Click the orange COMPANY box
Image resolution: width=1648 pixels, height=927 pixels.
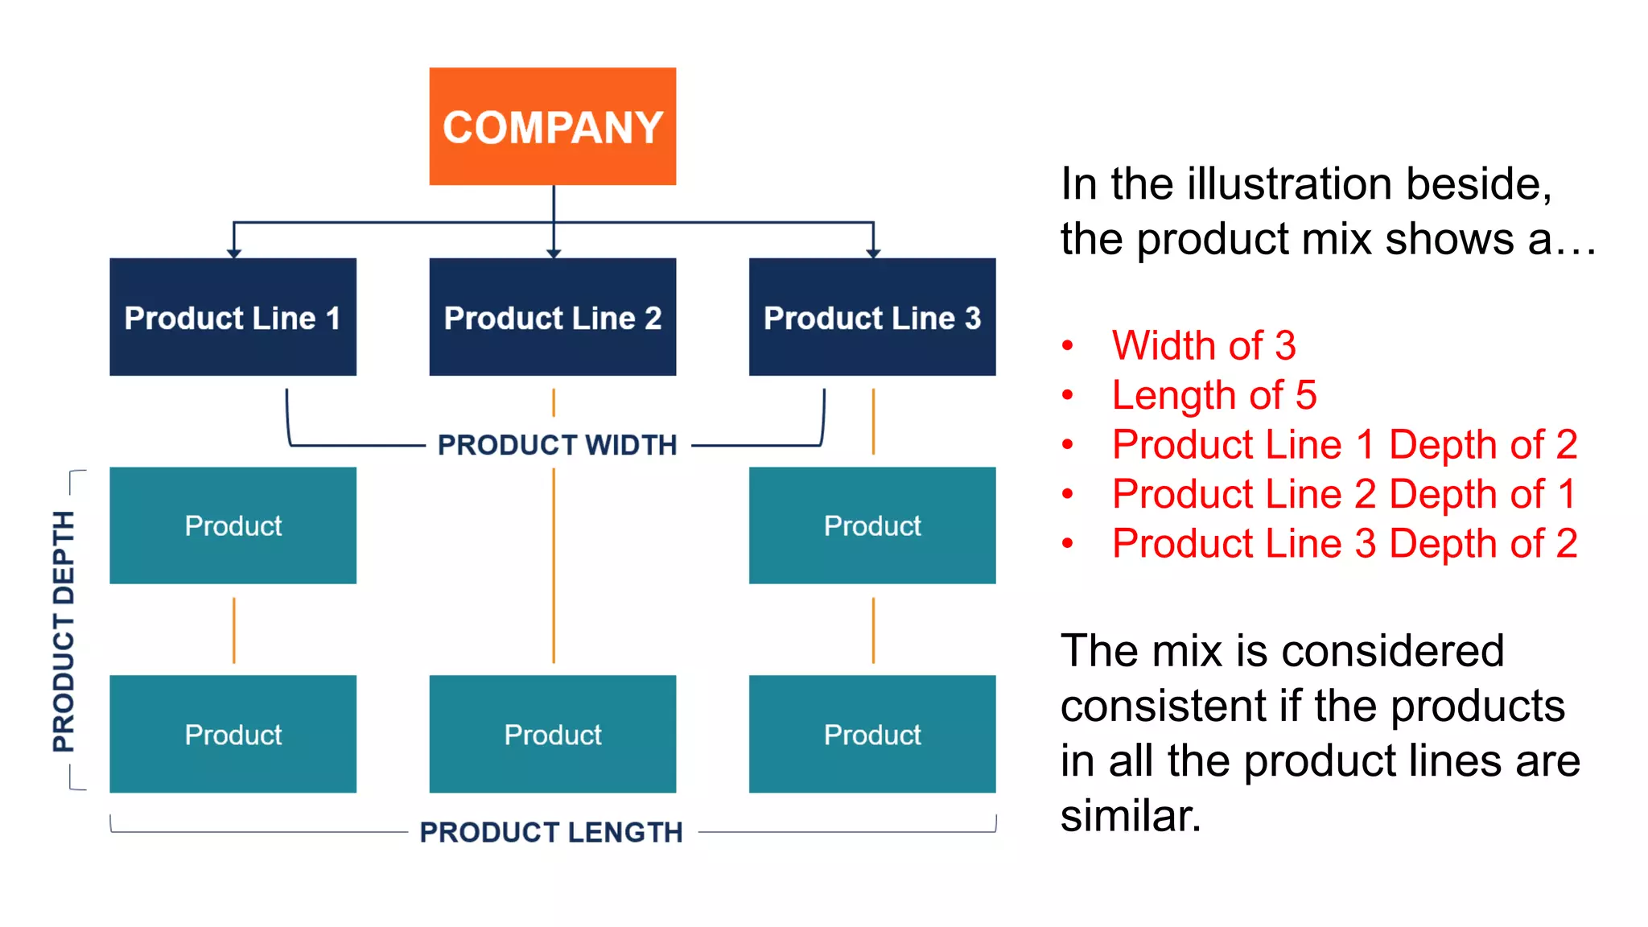[x=552, y=126]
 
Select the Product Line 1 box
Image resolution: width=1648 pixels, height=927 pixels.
[x=233, y=317]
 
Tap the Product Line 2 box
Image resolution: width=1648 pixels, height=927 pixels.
[x=552, y=317]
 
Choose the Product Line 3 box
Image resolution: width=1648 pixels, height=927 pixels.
[x=872, y=317]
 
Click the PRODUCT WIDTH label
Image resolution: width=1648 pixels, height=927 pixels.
[x=557, y=445]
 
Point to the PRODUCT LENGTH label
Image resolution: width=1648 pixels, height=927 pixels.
[x=551, y=832]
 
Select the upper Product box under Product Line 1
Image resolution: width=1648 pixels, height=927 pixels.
[x=233, y=525]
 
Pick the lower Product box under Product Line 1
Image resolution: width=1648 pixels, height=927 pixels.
[x=233, y=734]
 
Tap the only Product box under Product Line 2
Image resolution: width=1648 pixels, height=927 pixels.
[x=552, y=734]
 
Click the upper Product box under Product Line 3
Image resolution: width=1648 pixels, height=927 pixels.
[x=872, y=525]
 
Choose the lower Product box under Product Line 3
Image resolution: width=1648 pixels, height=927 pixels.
[x=872, y=734]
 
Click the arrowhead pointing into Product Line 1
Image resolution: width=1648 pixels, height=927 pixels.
[x=233, y=253]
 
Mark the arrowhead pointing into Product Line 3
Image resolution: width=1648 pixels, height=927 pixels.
[x=873, y=253]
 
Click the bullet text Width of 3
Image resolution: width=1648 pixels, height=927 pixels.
[x=1203, y=346]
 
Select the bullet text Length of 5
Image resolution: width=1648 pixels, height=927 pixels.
[x=1213, y=395]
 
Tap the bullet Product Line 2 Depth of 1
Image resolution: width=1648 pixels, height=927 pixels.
[x=1343, y=494]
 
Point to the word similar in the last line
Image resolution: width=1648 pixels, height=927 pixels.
[x=1130, y=816]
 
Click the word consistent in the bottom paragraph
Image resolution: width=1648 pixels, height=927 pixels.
[x=1162, y=707]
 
